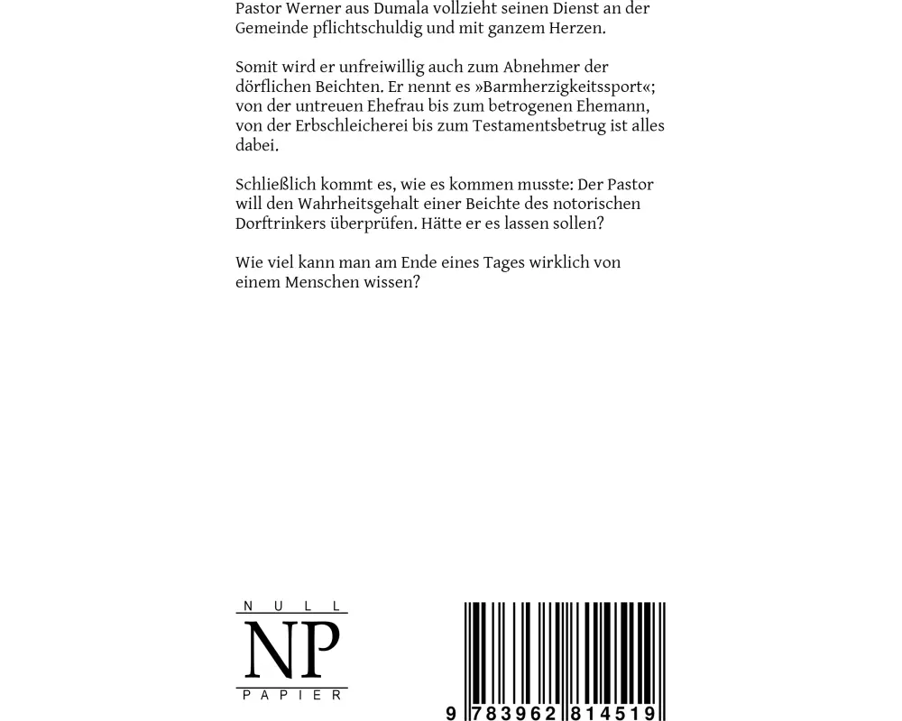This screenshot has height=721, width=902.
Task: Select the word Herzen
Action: coord(574,29)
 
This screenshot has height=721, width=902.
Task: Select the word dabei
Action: coord(256,146)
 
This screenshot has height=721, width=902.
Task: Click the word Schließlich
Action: coord(275,186)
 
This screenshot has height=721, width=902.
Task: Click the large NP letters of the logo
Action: coord(292,650)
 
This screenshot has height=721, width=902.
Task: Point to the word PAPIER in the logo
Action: coord(292,695)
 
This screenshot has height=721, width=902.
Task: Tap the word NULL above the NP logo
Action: coord(292,606)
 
